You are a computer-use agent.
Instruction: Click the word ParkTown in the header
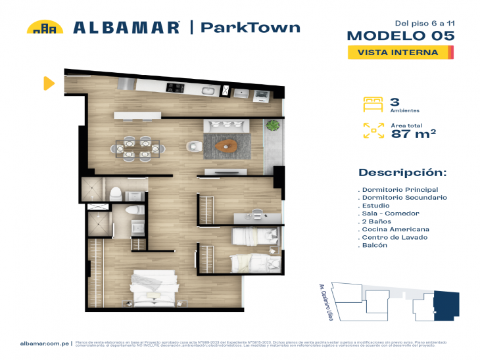coord(250,27)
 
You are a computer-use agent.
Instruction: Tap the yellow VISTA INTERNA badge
coord(400,53)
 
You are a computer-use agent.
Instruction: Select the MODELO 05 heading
coord(400,35)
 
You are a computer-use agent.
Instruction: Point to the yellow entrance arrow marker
coord(49,83)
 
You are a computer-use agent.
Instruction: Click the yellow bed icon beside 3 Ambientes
coord(373,104)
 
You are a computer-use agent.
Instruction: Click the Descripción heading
coord(402,173)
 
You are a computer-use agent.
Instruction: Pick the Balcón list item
coord(375,245)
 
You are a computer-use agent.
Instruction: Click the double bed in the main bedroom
coord(155,286)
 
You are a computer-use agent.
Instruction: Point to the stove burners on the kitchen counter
coord(174,87)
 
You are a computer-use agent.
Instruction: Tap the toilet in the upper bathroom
coord(115,193)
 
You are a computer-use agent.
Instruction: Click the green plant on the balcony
coord(272,125)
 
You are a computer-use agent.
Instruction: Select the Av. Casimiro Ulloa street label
coord(322,300)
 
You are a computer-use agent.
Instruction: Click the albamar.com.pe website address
coord(45,343)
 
